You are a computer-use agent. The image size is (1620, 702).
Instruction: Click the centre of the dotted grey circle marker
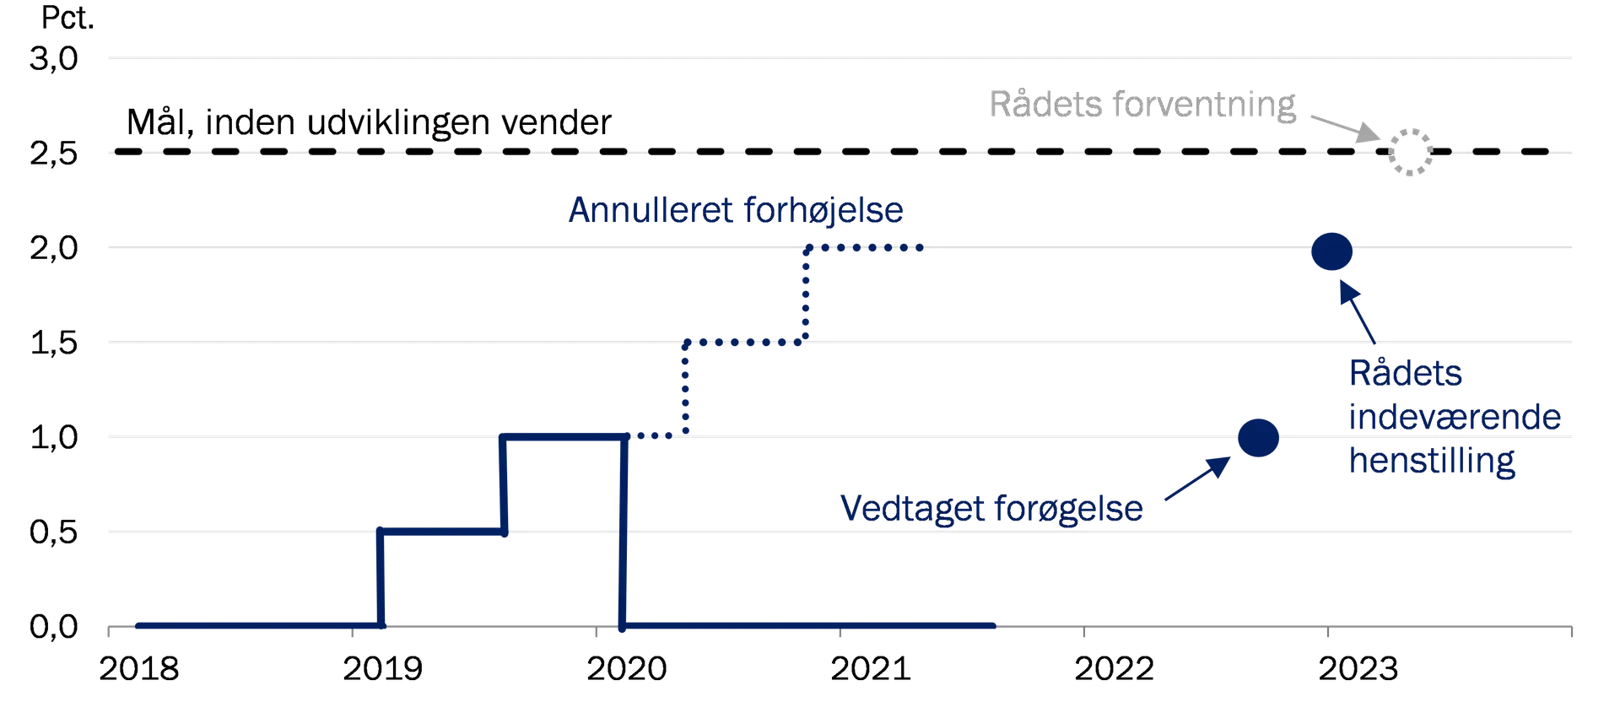pyautogui.click(x=1410, y=152)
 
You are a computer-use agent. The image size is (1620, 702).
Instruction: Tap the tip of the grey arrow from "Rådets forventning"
pyautogui.click(x=1380, y=139)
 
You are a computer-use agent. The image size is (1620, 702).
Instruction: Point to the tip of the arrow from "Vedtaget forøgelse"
pyautogui.click(x=1229, y=458)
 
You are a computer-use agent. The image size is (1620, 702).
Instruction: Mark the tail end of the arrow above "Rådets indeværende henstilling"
pyautogui.click(x=1374, y=343)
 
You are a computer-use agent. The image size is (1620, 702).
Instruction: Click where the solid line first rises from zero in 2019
pyautogui.click(x=381, y=625)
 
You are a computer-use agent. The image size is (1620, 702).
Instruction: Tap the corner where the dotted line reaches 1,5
pyautogui.click(x=686, y=343)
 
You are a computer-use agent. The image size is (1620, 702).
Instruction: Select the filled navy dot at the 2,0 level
pyautogui.click(x=1331, y=251)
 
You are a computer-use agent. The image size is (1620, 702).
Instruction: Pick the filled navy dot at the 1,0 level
pyautogui.click(x=1258, y=438)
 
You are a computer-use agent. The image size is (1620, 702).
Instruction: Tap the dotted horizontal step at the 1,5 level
pyautogui.click(x=746, y=343)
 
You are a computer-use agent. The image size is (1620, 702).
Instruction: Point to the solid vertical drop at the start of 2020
pyautogui.click(x=624, y=532)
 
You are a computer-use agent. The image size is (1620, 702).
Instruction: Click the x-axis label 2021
pyautogui.click(x=870, y=669)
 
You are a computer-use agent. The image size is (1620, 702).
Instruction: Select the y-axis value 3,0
pyautogui.click(x=54, y=59)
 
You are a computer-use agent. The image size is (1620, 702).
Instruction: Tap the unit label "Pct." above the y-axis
pyautogui.click(x=67, y=18)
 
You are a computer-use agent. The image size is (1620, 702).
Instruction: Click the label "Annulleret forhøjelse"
pyautogui.click(x=736, y=210)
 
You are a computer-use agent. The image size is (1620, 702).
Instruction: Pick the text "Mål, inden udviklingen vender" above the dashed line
pyautogui.click(x=369, y=122)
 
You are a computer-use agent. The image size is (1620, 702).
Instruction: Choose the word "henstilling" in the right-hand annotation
pyautogui.click(x=1432, y=461)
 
